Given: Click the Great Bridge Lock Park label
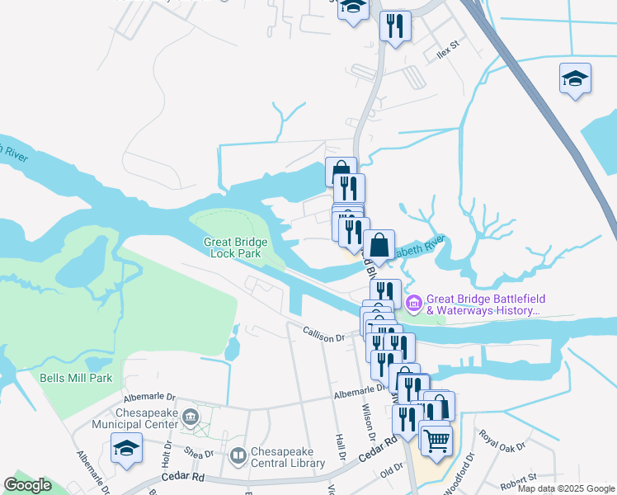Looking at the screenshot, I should coord(236,247).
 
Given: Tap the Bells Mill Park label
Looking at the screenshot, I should coord(75,379).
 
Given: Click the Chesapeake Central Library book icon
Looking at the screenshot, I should coord(238,455).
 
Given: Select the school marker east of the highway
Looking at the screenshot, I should coord(575,79).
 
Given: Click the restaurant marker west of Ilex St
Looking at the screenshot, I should coord(394,26).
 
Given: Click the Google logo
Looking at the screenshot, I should coord(27,485).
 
